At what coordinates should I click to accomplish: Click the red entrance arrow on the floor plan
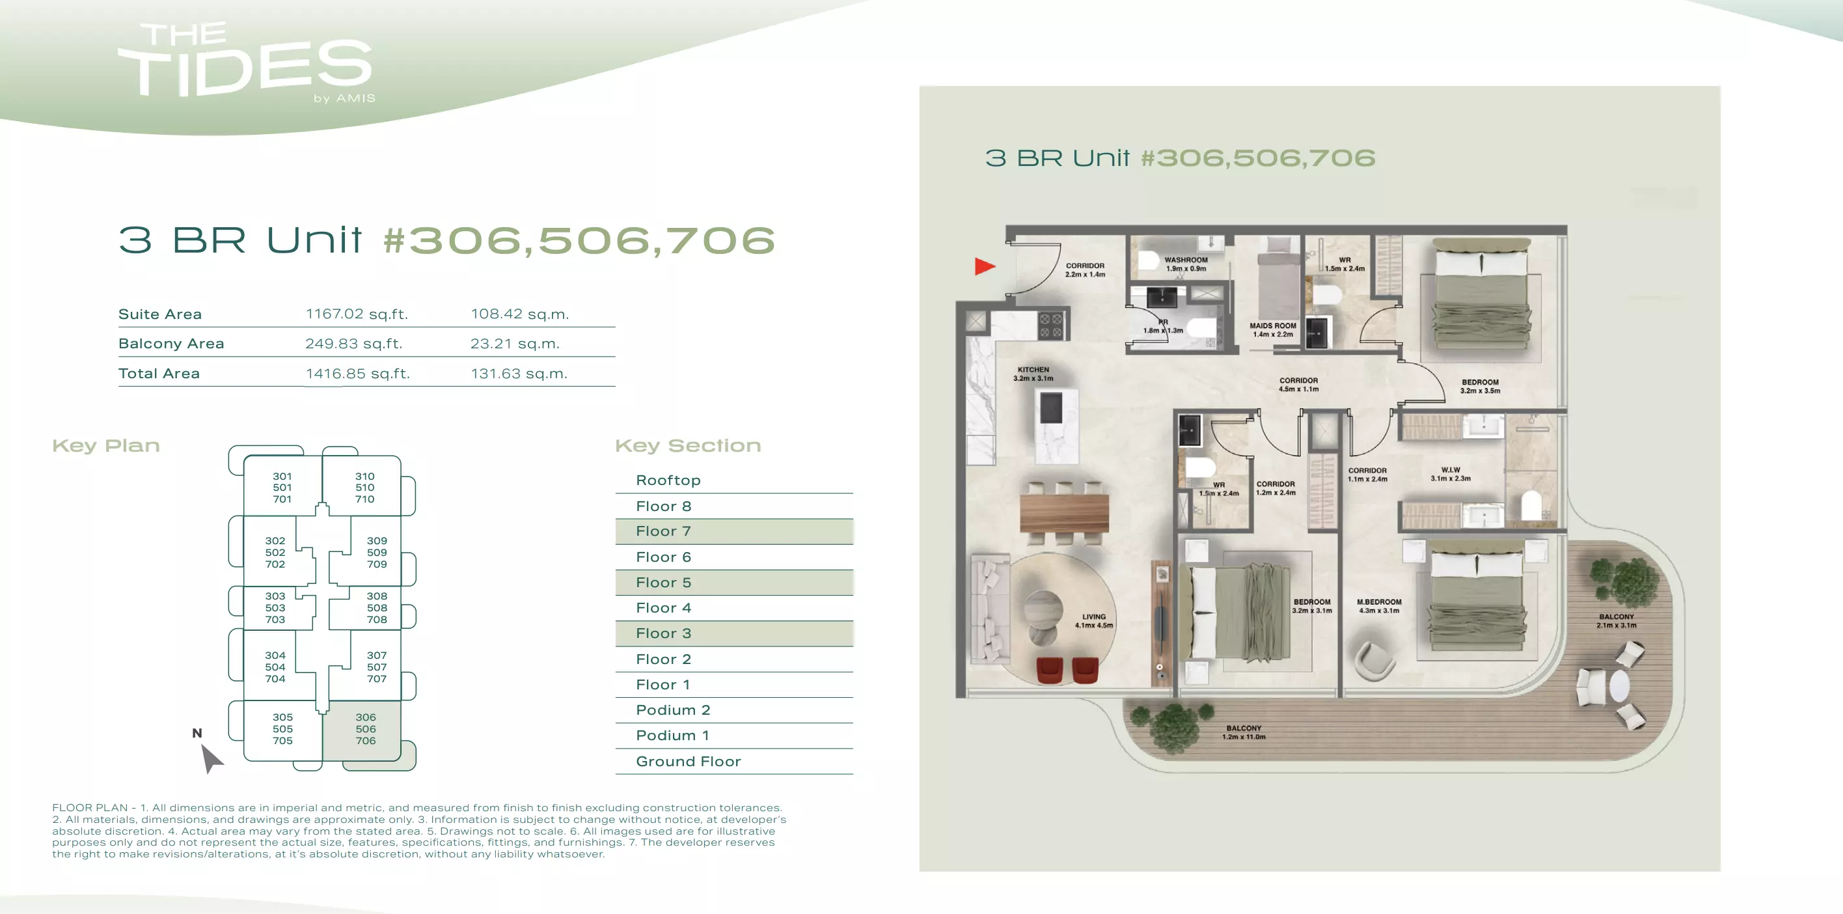[985, 266]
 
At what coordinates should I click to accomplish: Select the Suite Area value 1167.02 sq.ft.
[356, 314]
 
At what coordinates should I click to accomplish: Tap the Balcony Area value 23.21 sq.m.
[514, 344]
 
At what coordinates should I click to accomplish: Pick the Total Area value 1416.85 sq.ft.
[358, 374]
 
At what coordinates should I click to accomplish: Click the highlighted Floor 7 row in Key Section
[734, 531]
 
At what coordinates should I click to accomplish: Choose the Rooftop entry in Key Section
[668, 480]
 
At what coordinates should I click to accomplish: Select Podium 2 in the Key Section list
[672, 710]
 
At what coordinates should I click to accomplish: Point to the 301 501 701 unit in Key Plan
[282, 488]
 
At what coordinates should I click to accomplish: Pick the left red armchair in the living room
[1050, 670]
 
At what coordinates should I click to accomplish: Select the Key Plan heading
[106, 445]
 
